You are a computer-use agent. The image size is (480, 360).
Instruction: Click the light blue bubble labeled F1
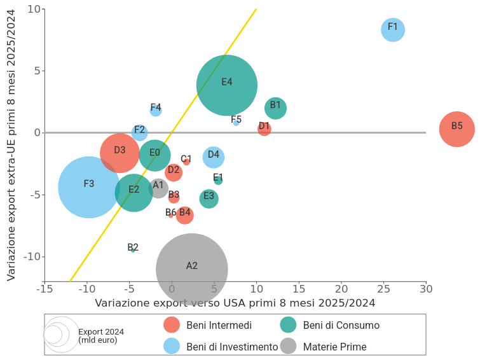[x=393, y=29]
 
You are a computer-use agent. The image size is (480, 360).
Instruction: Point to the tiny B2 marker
[x=133, y=250]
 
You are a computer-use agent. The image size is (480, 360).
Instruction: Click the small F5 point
[x=236, y=122]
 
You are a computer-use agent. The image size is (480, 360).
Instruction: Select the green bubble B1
[x=275, y=107]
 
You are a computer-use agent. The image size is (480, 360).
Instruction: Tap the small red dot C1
[x=186, y=162]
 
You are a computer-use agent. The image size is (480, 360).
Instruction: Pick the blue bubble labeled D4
[x=214, y=156]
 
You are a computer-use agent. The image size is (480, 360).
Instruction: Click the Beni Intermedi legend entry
[x=219, y=326]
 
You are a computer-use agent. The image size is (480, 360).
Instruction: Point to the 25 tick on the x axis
[x=383, y=289]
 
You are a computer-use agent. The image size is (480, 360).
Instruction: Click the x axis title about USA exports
[x=235, y=303]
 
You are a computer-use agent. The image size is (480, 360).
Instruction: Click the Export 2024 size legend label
[x=101, y=336]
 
